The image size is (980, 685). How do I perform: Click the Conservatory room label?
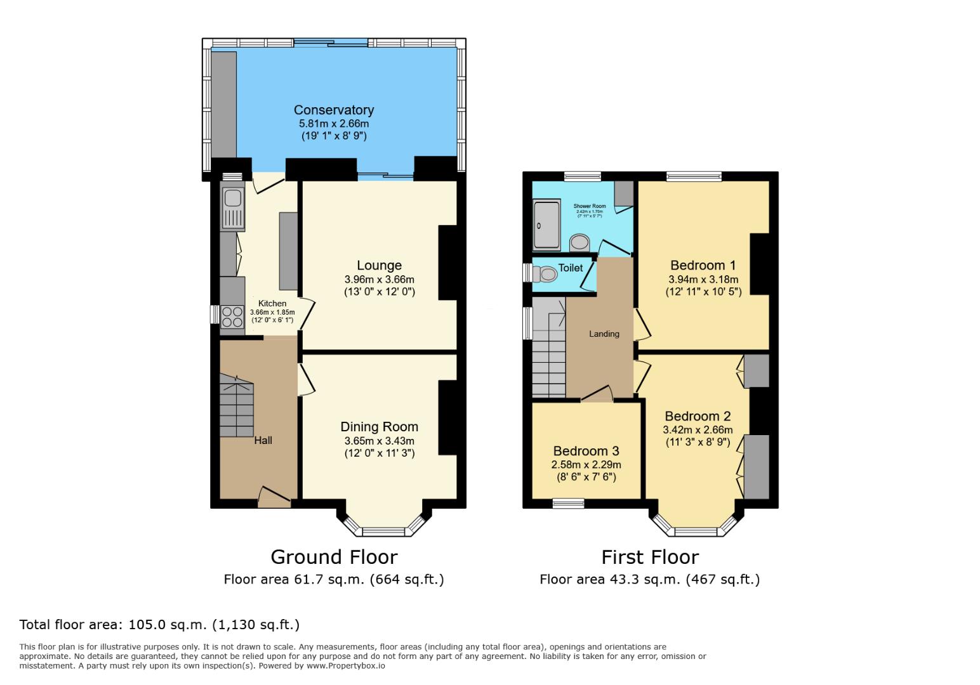(x=333, y=110)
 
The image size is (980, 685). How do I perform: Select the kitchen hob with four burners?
(x=232, y=316)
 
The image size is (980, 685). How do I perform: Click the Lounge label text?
(x=379, y=266)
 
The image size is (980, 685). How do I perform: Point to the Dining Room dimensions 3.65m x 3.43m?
(x=379, y=441)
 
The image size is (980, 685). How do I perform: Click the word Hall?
(x=263, y=440)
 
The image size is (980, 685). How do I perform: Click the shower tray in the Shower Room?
(x=546, y=225)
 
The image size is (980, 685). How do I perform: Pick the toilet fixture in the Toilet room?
(x=545, y=274)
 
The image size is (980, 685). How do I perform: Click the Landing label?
(x=604, y=334)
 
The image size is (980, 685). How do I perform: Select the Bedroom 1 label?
(x=703, y=265)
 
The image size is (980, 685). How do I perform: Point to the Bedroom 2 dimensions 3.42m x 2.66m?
(x=698, y=430)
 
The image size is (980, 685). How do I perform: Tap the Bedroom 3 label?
(x=586, y=451)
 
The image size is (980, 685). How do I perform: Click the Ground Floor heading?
(x=334, y=557)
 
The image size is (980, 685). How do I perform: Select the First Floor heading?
(x=650, y=557)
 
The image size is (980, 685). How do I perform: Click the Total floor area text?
(x=159, y=624)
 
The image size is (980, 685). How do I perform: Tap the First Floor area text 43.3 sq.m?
(x=649, y=579)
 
